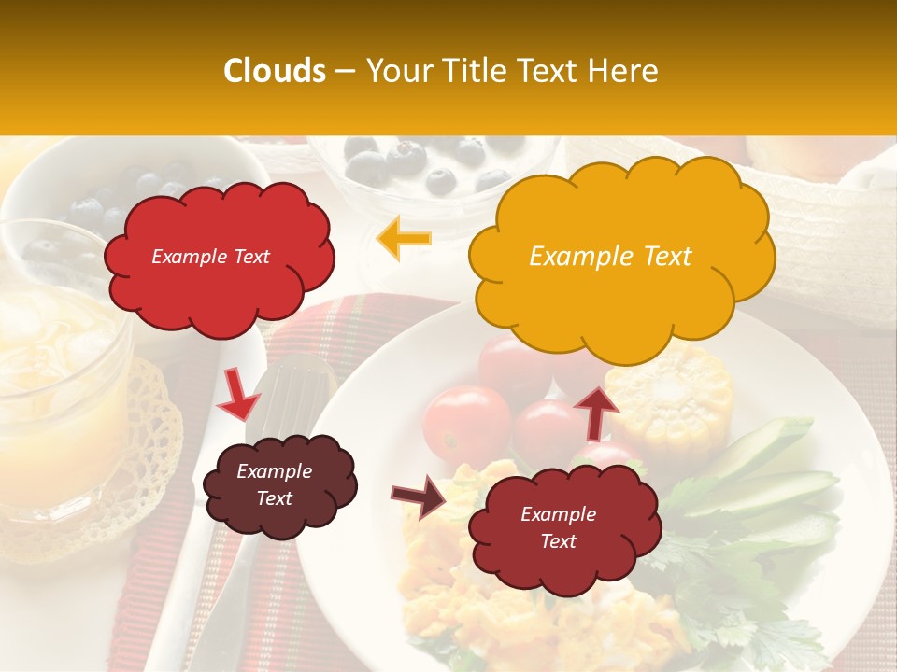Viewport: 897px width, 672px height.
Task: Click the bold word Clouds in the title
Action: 275,71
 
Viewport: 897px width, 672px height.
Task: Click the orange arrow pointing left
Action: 404,239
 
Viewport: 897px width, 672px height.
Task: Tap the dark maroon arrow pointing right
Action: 419,496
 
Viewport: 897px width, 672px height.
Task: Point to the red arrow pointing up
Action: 595,412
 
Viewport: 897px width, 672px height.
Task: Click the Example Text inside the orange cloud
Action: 610,257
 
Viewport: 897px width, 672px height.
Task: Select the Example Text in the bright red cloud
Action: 210,257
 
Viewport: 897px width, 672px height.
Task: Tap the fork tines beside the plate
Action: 297,392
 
